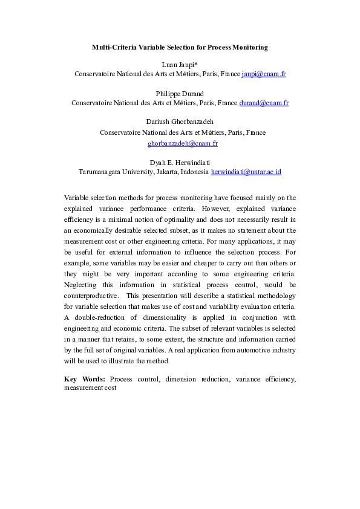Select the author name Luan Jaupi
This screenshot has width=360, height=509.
pos(179,64)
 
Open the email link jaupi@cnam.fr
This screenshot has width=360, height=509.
pos(263,74)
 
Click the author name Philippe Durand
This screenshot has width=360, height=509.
pos(180,93)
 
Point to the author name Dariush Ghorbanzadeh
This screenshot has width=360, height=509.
pos(180,122)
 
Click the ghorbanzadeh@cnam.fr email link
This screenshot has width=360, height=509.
pos(183,144)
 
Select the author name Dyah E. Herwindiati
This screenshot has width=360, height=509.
pos(180,162)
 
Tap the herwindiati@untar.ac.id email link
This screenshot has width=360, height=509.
pos(246,172)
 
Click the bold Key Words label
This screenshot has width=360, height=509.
pos(85,379)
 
